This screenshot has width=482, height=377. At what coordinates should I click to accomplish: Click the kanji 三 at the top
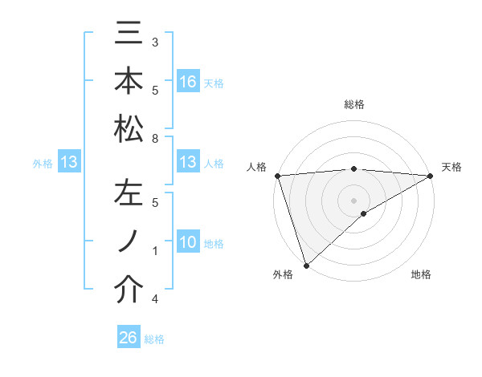[129, 34]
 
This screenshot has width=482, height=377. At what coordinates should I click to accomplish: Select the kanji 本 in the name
[129, 82]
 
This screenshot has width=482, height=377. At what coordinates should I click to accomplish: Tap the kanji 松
[129, 128]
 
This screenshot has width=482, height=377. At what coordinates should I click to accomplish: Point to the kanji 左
[129, 194]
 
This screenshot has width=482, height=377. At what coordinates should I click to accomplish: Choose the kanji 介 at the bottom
[129, 290]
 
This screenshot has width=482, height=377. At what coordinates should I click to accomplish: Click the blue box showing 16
[187, 82]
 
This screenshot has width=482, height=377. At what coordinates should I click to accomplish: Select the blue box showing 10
[187, 243]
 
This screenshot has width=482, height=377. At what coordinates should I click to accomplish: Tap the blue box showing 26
[128, 338]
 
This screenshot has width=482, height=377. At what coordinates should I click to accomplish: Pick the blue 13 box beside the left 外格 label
[69, 163]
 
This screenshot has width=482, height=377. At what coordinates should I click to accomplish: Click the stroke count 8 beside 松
[154, 140]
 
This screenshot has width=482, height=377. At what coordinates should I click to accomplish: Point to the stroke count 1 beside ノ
[154, 252]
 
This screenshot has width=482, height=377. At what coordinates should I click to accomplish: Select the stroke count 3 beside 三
[154, 42]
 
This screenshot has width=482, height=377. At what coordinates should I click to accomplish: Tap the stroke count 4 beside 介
[154, 300]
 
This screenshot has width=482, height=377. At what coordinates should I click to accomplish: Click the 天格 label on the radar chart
[451, 167]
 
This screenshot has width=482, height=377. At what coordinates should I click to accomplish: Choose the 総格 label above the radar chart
[353, 104]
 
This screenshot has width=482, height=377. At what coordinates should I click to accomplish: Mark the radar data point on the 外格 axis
[306, 266]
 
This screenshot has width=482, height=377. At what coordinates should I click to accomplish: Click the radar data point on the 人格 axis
[276, 175]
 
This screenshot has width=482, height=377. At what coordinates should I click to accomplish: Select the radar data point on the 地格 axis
[364, 213]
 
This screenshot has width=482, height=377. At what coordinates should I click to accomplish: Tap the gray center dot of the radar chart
[353, 200]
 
